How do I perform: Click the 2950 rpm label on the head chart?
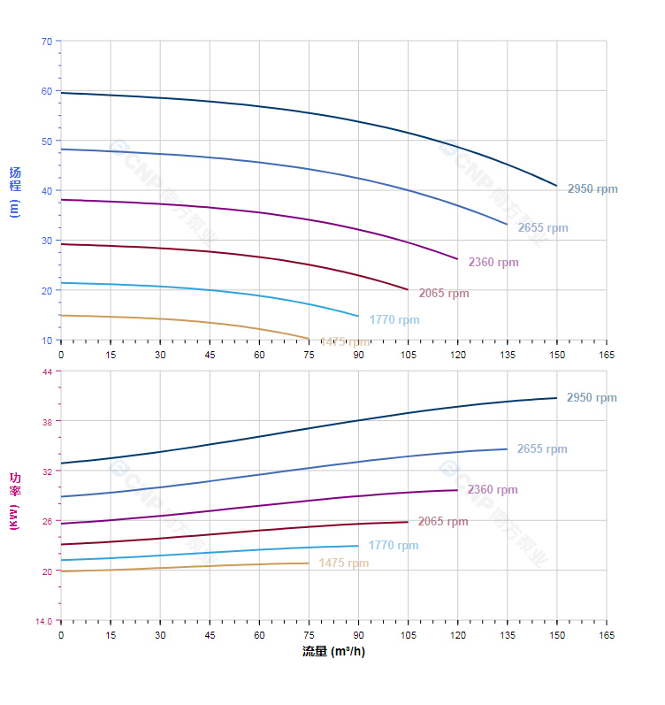[x=592, y=189]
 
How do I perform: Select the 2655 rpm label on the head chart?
[x=542, y=228]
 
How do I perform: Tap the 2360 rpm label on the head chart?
[x=493, y=263]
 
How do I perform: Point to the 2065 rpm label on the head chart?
[x=443, y=294]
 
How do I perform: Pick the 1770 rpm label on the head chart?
[x=394, y=320]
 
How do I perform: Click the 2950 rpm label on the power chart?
[x=591, y=398]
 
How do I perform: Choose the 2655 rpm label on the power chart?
[x=541, y=449]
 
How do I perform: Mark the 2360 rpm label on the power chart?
[x=492, y=490]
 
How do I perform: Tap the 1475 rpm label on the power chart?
[x=343, y=563]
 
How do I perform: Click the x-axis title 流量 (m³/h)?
[x=332, y=652]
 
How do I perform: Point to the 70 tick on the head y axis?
[x=46, y=41]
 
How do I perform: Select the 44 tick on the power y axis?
[x=46, y=372]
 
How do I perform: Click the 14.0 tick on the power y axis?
[x=42, y=620]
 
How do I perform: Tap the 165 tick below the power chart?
[x=607, y=635]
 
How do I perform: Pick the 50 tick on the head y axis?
[x=46, y=141]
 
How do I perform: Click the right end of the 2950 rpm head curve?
[x=557, y=186]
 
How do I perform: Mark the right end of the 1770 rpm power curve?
[x=358, y=546]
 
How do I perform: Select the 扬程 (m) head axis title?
[x=14, y=191]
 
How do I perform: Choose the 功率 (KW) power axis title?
[x=14, y=502]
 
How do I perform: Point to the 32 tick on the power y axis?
[x=46, y=471]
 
